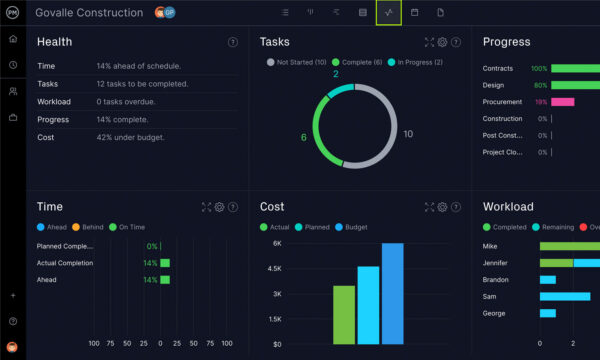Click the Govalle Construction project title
coord(90,12)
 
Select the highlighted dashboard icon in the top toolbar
coord(388,12)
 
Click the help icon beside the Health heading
coord(233,42)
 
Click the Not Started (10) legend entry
coord(296,62)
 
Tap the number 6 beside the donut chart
coord(304,137)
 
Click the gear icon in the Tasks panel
coord(442,42)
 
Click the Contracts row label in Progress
coord(497,68)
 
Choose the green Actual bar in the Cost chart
coord(344,314)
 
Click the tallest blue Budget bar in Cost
coord(392,293)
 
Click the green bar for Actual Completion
coord(165,263)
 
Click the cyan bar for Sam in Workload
coord(565,296)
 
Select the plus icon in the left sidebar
coord(13,296)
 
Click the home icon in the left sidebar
coord(13,38)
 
